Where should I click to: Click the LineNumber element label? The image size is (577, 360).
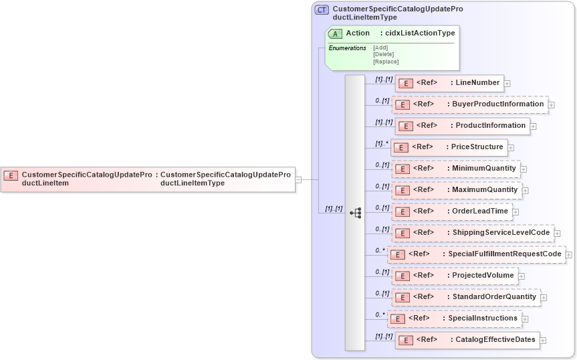point(477,83)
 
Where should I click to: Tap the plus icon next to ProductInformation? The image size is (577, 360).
point(534,126)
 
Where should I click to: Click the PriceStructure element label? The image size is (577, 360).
point(477,147)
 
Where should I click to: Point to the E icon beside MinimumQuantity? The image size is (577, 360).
point(401,169)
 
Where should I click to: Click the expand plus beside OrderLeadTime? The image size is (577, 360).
point(516,212)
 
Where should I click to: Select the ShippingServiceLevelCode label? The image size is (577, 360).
point(501,233)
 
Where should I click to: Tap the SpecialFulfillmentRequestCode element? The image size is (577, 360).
point(477,254)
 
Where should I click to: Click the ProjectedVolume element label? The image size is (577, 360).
point(483,276)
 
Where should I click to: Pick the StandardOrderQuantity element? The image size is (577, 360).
point(465,297)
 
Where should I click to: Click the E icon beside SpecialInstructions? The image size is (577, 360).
point(397,319)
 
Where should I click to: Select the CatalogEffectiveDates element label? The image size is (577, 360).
point(495,340)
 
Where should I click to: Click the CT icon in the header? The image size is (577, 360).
point(322,10)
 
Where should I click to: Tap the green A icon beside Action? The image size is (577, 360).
point(335,33)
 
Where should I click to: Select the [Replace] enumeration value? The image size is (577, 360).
point(386,62)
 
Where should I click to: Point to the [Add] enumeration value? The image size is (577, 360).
point(380,48)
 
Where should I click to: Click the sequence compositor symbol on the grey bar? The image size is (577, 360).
point(355,213)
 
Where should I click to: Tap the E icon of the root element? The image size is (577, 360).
point(11,175)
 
